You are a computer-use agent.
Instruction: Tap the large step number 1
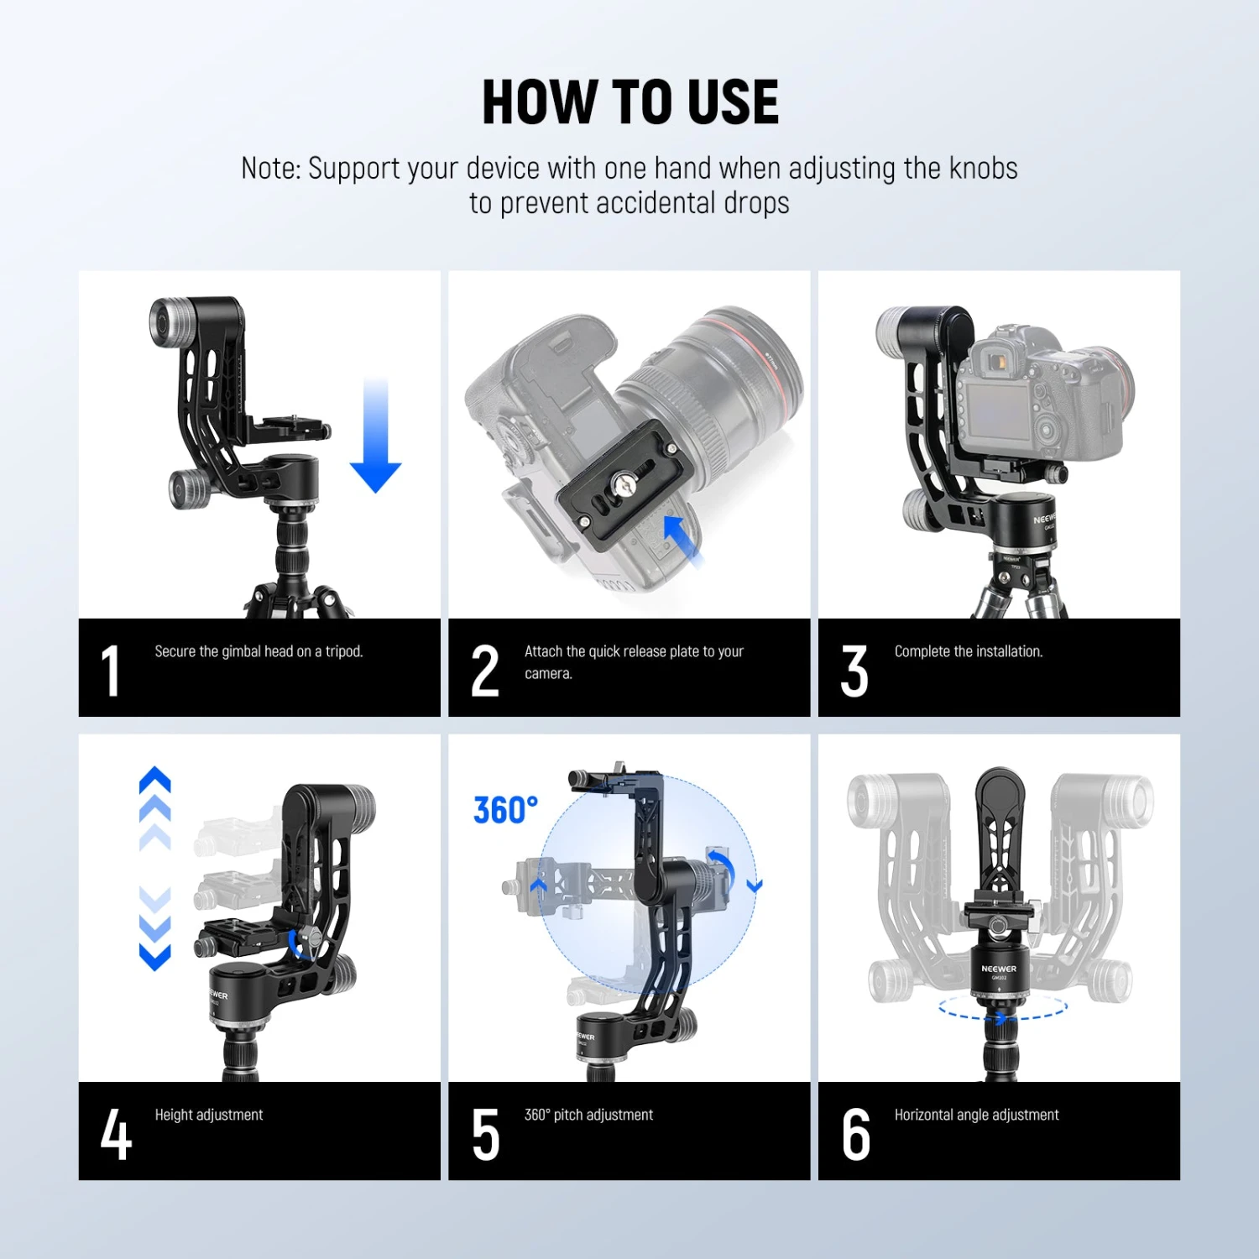110,671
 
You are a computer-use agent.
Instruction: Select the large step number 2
485,671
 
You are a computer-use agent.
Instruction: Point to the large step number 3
854,671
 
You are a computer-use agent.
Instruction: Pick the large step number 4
116,1135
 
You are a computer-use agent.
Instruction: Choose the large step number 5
486,1135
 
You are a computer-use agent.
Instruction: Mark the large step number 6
856,1135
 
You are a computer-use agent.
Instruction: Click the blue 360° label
505,811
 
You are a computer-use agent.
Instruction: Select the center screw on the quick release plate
623,483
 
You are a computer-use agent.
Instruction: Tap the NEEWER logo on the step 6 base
999,969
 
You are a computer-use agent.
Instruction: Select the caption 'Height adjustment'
209,1115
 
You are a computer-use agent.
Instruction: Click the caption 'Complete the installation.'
969,651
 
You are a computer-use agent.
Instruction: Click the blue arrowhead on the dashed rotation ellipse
1000,1018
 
